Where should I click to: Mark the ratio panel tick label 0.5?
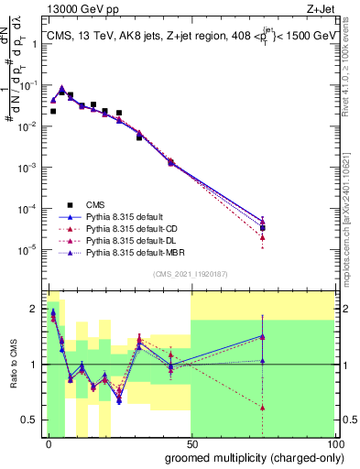pos(29,420)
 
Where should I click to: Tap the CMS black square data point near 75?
pos(262,228)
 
